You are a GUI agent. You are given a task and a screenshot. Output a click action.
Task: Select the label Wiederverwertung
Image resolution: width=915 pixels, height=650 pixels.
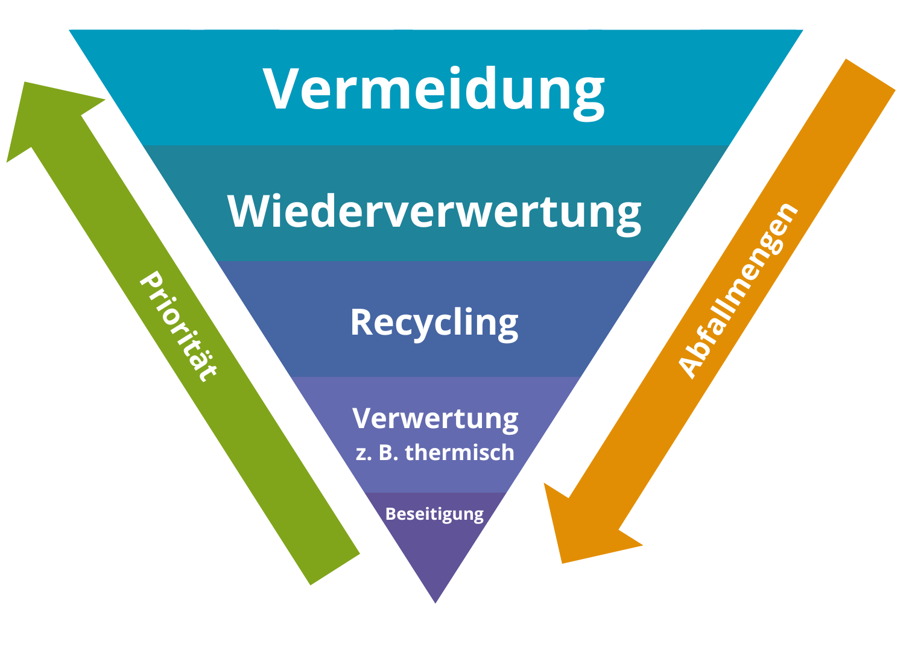434,212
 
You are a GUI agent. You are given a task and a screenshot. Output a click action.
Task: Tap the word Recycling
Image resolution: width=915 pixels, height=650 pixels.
434,323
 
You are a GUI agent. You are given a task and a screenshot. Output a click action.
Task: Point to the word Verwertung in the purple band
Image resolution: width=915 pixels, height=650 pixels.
435,418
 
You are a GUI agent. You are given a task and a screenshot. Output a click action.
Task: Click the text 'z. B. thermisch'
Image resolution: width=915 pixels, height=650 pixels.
435,452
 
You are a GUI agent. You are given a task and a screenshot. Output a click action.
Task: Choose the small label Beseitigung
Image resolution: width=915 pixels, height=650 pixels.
434,514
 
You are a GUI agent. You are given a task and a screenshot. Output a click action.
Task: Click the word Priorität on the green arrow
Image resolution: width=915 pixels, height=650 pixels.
177,326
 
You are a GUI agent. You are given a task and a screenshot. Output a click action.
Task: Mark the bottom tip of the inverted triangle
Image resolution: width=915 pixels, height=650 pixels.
435,601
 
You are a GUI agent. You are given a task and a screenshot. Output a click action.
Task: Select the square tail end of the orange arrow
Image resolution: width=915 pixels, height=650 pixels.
870,75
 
